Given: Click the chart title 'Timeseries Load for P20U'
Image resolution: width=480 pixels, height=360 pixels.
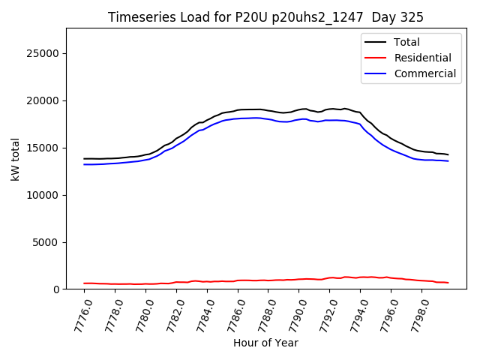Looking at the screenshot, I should tap(195, 17).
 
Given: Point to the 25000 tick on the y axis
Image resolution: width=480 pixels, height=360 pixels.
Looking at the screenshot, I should tap(44, 53).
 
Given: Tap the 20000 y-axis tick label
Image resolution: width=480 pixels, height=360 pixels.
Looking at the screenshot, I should tap(44, 100).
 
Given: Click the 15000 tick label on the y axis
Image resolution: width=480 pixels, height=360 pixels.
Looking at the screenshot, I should tap(44, 148).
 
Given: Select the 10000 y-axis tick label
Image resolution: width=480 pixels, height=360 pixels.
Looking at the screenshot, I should tap(44, 195).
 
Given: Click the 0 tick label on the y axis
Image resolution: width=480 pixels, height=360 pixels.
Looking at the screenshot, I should tap(56, 289).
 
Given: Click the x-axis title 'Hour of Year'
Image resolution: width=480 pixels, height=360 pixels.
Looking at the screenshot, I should tap(265, 343).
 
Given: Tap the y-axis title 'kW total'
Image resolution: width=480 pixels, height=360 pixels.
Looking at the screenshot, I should tap(15, 159).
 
